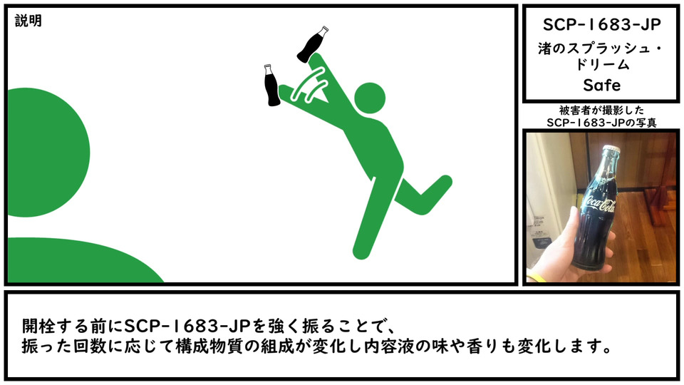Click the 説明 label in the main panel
coord(28,21)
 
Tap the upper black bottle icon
coord(312,44)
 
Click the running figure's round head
coord(370,98)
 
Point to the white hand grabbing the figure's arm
coord(311,86)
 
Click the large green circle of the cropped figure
coord(48,153)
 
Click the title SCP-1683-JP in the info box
coord(601,24)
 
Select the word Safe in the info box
coord(601,85)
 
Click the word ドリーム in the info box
coord(602,65)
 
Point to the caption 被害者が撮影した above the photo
coord(601,110)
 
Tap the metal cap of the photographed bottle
coord(611,149)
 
